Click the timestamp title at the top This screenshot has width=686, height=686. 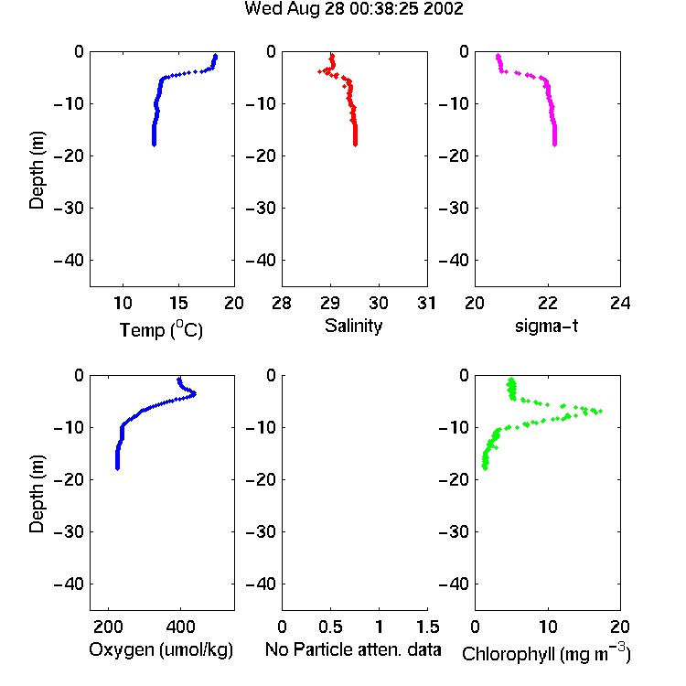[x=353, y=8]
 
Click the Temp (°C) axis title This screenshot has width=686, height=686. [x=161, y=329]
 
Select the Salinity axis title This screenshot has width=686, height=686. [x=353, y=326]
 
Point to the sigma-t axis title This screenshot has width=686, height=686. [x=546, y=326]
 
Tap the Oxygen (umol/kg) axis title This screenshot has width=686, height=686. [x=161, y=649]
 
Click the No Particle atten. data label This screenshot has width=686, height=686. [x=353, y=649]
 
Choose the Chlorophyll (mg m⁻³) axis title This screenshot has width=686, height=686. [x=546, y=653]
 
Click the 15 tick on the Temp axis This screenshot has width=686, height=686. [x=178, y=303]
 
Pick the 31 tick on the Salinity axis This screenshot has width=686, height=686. [x=426, y=303]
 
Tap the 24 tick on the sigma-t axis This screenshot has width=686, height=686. [x=620, y=303]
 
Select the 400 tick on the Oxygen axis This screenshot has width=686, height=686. [x=180, y=627]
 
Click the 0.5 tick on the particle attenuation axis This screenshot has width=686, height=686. [x=330, y=627]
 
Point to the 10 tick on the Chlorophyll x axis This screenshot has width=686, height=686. [x=548, y=627]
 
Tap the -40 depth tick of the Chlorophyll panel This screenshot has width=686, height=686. [x=454, y=584]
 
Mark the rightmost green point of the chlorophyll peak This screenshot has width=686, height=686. [x=601, y=411]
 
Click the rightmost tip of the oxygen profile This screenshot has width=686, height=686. [x=195, y=393]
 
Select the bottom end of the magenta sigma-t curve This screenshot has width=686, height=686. [x=555, y=145]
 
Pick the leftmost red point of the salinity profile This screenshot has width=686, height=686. [x=320, y=71]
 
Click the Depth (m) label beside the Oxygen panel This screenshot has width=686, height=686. [x=37, y=494]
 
